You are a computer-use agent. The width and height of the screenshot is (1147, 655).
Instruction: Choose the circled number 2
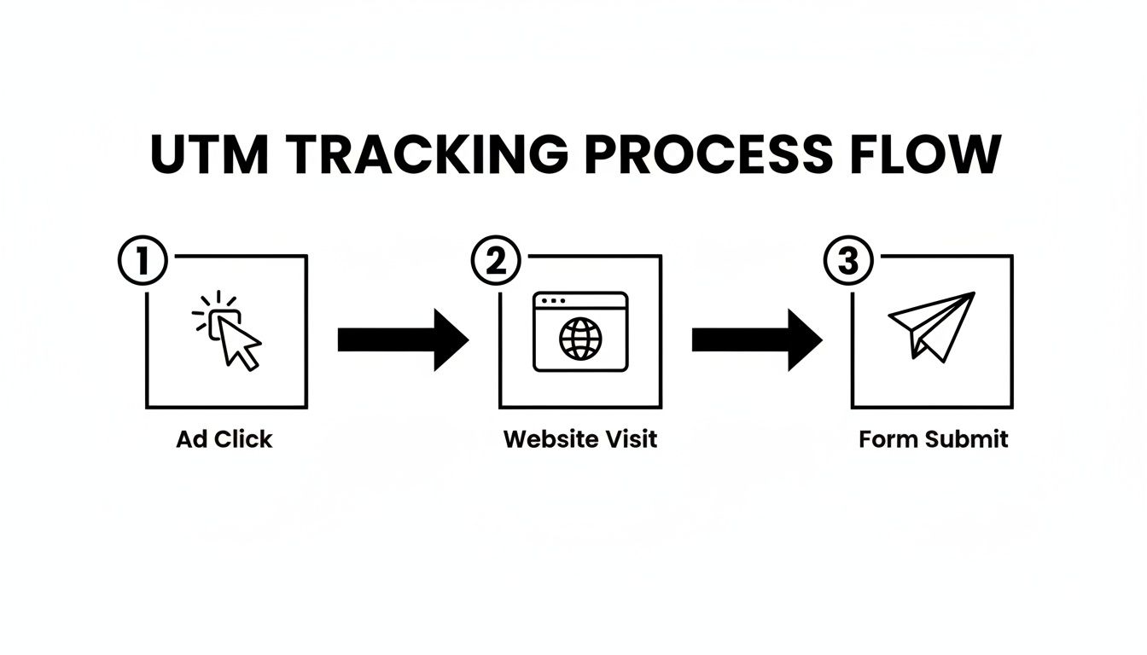(x=496, y=262)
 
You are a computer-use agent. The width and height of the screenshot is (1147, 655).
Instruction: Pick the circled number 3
(x=848, y=262)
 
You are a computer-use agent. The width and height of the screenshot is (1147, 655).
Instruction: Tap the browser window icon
(x=580, y=332)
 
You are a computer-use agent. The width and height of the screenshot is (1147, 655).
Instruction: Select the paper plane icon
(x=931, y=326)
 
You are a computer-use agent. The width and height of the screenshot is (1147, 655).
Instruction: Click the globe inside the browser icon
(x=580, y=339)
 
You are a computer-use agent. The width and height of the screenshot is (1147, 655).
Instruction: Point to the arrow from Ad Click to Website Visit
(x=403, y=339)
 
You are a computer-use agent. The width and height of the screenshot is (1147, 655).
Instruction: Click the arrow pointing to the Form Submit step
(x=756, y=339)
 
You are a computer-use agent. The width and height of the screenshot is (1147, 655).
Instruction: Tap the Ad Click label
(x=224, y=439)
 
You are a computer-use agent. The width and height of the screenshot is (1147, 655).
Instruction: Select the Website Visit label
(x=580, y=439)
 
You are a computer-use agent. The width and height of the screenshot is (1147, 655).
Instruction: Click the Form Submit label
(x=934, y=439)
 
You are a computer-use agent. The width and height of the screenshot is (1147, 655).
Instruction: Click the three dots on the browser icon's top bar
(x=551, y=301)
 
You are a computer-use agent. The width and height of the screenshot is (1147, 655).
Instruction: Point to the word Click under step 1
(x=243, y=439)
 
